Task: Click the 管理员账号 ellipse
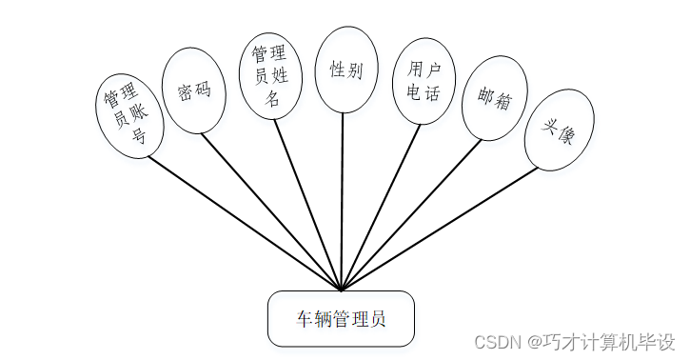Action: [x=132, y=115]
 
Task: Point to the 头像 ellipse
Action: [x=559, y=131]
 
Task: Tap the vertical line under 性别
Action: [x=342, y=200]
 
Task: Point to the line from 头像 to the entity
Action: [x=438, y=228]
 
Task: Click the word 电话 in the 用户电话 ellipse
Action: [x=424, y=93]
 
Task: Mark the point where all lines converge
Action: [x=341, y=289]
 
